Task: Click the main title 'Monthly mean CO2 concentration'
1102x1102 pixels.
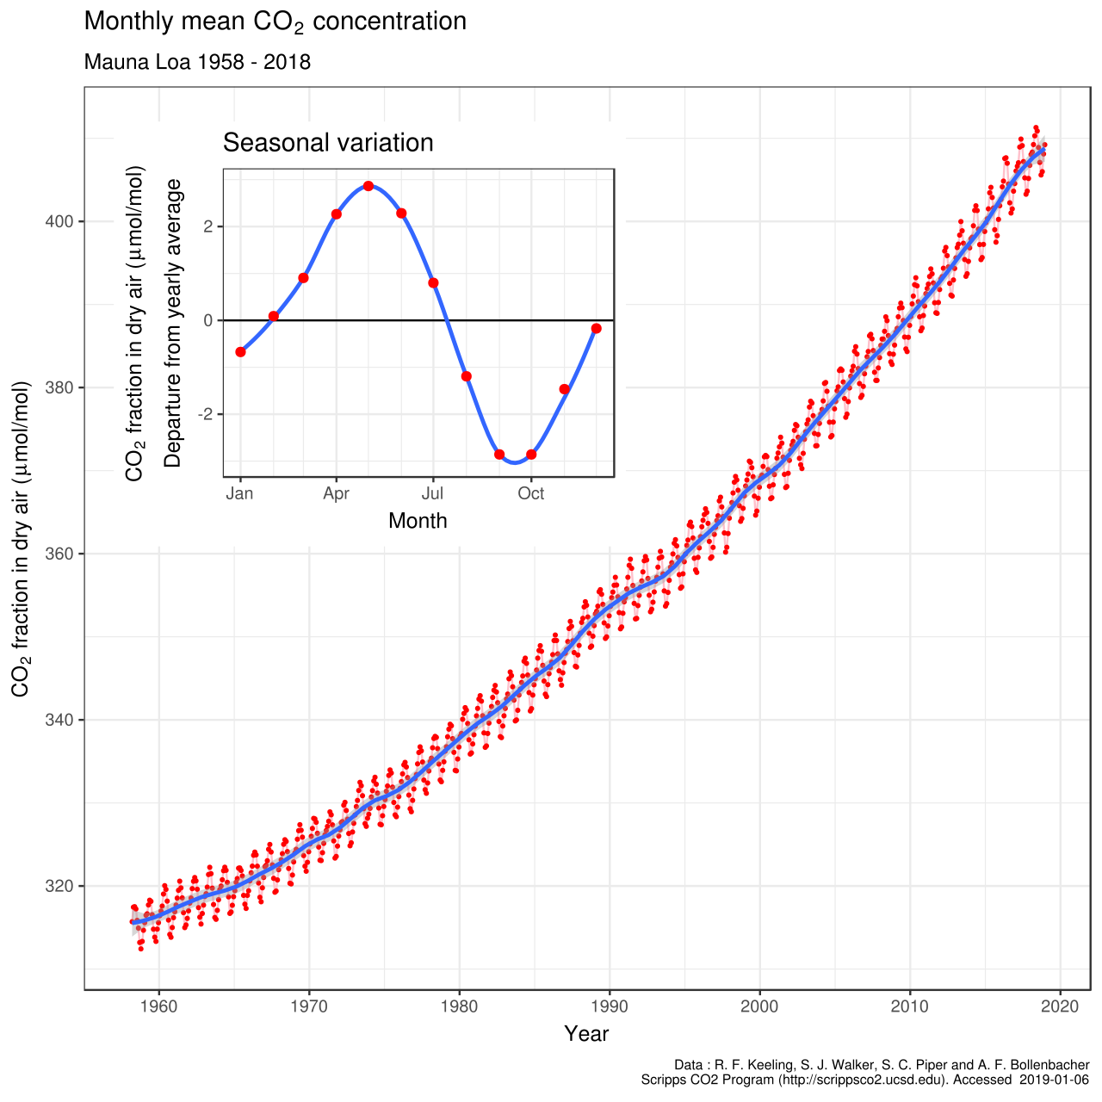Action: [x=275, y=22]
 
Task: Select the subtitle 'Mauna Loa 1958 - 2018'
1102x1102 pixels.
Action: [x=197, y=63]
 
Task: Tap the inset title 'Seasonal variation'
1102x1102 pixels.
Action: [x=328, y=143]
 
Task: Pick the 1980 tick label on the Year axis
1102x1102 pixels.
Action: [x=459, y=1006]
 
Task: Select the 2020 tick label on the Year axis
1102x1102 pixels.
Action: [x=1060, y=1006]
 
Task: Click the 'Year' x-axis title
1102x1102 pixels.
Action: [x=586, y=1034]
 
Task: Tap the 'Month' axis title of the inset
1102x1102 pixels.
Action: [x=418, y=521]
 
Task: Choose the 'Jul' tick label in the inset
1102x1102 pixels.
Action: [x=432, y=494]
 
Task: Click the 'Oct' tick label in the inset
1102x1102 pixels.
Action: [x=531, y=494]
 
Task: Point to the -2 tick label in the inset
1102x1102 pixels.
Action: [x=205, y=414]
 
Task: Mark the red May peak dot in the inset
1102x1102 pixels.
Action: [x=368, y=186]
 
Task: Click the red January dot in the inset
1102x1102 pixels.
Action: [x=240, y=352]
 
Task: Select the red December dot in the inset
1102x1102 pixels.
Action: [x=597, y=328]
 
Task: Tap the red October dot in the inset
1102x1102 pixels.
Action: [x=531, y=455]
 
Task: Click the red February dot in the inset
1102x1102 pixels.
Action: [x=273, y=316]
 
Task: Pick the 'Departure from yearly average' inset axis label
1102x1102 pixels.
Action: [x=174, y=323]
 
